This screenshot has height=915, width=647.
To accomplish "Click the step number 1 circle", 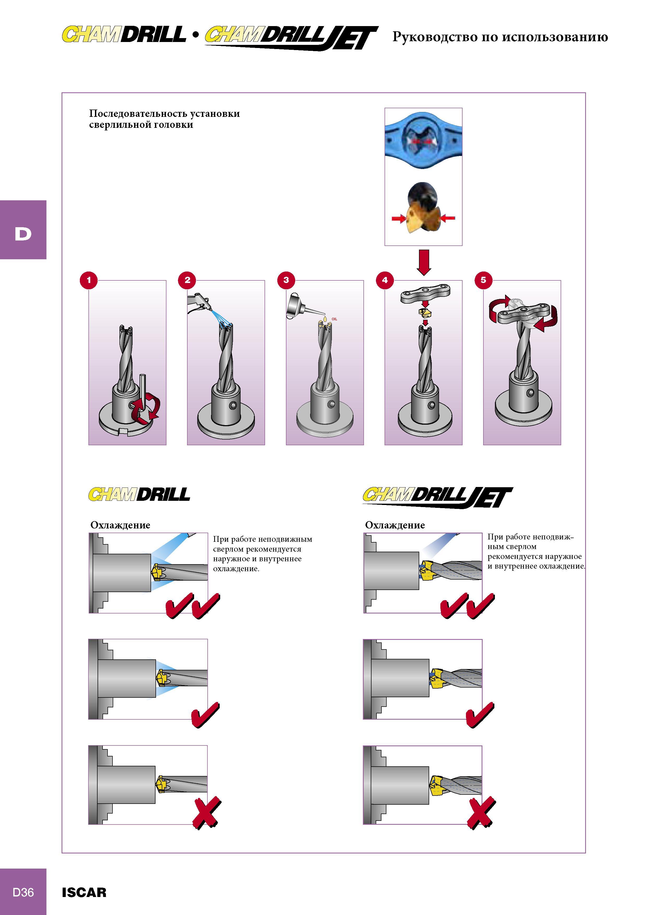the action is [x=89, y=280].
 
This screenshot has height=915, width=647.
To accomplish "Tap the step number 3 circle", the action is [x=286, y=280].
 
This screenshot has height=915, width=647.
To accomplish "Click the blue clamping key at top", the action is [x=423, y=141].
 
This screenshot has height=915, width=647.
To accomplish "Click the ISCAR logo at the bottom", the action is [x=84, y=892].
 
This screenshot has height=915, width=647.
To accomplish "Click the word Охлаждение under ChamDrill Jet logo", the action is [x=395, y=525].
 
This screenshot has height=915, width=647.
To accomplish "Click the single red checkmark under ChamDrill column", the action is [x=205, y=714].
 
